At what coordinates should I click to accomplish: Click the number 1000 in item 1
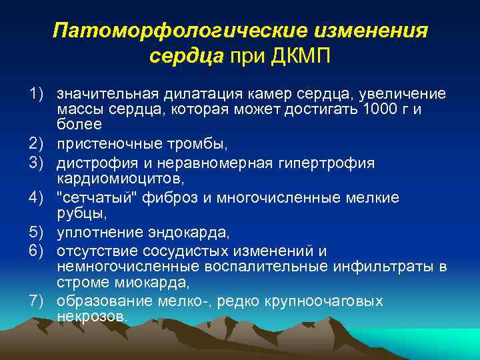(x=379, y=109)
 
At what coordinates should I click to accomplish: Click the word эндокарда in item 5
(x=193, y=231)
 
